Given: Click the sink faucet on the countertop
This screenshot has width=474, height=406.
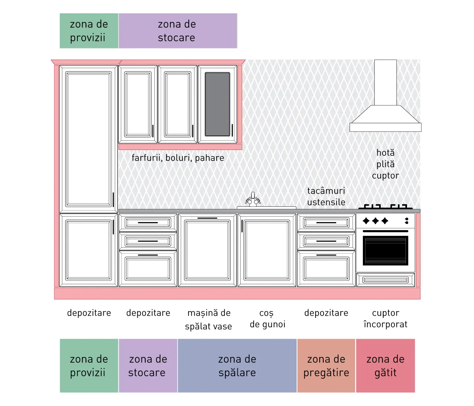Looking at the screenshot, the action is click(x=253, y=199).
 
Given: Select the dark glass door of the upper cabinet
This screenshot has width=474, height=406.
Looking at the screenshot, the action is click(x=217, y=104).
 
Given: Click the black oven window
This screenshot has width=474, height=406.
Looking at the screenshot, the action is click(x=385, y=250).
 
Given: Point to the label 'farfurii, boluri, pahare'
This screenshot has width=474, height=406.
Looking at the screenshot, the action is click(x=178, y=158).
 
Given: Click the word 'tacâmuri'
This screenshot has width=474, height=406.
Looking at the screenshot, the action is click(x=326, y=191).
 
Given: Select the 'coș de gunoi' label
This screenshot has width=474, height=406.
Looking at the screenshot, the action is click(x=267, y=319).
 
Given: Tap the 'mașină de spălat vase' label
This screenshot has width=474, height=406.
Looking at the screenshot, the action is click(x=208, y=319).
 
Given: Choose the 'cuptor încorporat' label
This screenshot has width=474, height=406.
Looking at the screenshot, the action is click(x=385, y=319).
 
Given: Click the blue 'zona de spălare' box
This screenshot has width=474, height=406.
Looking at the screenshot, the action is click(x=237, y=366).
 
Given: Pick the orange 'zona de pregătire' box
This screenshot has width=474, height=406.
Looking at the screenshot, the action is click(x=326, y=366).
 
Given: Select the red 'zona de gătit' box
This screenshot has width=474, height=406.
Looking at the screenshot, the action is click(x=385, y=366).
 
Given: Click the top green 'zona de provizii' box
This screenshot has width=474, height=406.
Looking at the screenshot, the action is click(x=89, y=31).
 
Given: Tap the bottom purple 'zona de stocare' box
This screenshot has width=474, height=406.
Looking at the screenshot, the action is click(x=148, y=366).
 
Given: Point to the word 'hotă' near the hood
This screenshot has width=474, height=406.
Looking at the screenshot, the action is click(x=385, y=153).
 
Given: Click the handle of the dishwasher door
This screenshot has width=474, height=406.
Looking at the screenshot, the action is click(x=207, y=218).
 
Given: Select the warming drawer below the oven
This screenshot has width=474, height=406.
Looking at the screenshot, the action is click(x=385, y=280).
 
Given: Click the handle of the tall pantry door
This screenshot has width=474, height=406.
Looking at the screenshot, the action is click(x=113, y=199).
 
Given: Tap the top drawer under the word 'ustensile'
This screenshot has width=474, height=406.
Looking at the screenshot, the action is click(x=326, y=222).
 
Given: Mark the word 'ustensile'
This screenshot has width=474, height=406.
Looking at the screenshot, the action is click(x=326, y=202).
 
